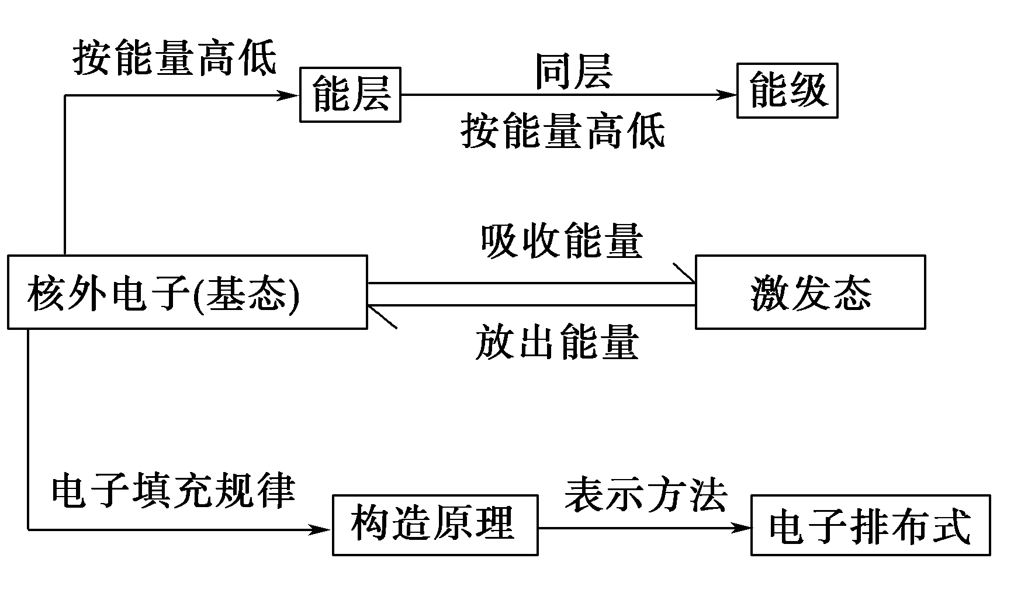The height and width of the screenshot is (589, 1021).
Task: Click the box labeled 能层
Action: (x=350, y=94)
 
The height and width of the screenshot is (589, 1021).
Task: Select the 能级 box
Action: (x=787, y=91)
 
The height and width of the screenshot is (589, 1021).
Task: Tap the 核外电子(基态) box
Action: (x=187, y=292)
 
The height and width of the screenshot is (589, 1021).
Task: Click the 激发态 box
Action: (x=810, y=292)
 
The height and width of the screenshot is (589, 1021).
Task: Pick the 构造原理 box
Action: (x=435, y=524)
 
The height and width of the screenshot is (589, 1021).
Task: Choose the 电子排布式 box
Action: (x=870, y=525)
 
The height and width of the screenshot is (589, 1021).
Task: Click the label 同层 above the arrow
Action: (x=573, y=71)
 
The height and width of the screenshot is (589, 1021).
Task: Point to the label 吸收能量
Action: (x=561, y=241)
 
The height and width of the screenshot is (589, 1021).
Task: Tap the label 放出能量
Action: (x=556, y=342)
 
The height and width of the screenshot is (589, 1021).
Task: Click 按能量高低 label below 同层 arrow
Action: (x=562, y=131)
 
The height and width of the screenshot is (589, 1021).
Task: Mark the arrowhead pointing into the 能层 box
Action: (x=289, y=95)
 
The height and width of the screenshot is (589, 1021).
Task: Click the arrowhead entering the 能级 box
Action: (x=726, y=95)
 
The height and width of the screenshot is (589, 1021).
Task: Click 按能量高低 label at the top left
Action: (x=174, y=58)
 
